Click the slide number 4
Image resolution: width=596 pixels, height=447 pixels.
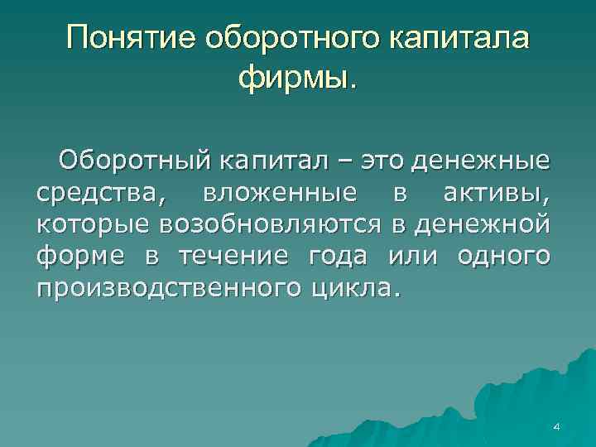556,426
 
